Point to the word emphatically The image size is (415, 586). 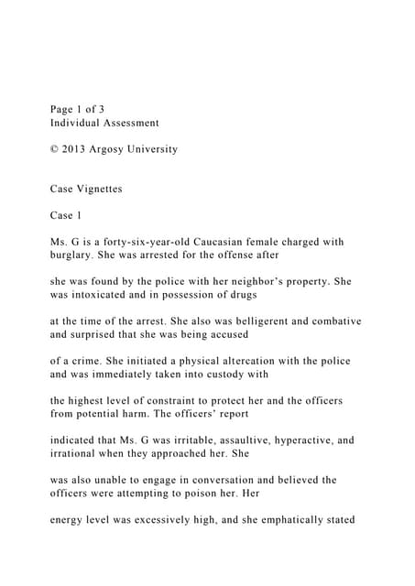click(x=273, y=519)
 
